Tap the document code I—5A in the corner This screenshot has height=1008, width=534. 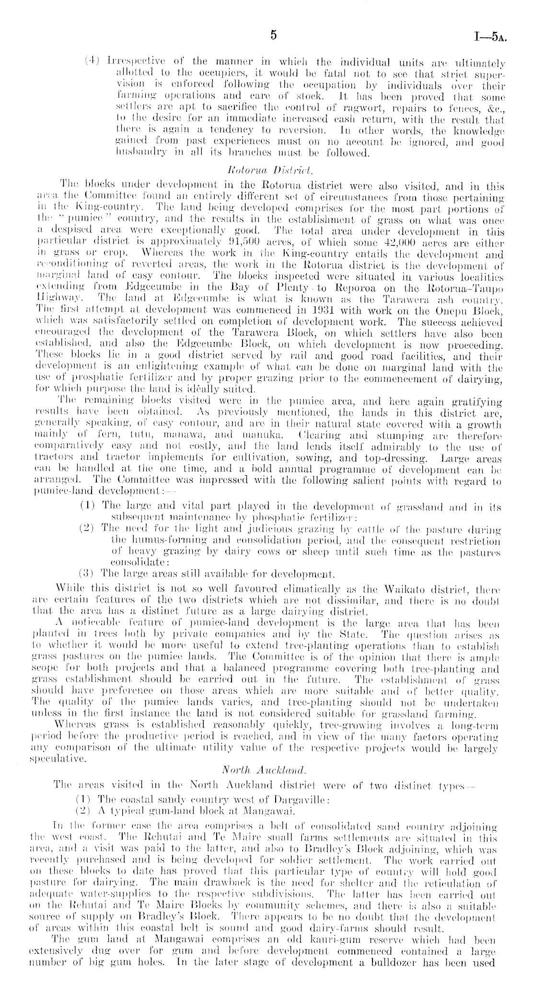pyautogui.click(x=491, y=37)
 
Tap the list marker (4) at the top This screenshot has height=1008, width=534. pyautogui.click(x=92, y=63)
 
